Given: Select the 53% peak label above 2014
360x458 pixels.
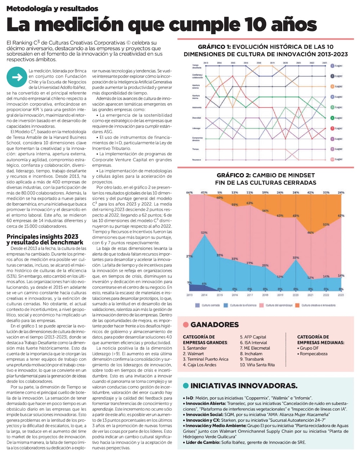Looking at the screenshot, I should (204, 232).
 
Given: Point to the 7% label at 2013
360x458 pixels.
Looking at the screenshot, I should (189, 283).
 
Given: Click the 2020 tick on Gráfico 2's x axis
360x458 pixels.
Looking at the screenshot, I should (296, 295).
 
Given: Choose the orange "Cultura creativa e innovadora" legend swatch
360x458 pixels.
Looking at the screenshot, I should (297, 305).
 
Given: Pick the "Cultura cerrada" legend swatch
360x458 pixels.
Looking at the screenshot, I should (197, 305).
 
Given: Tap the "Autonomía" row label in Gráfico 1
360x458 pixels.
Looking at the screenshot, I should (197, 107).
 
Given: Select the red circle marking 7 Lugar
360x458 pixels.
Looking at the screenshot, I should (333, 128).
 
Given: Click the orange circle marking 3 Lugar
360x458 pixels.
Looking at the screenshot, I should (333, 86).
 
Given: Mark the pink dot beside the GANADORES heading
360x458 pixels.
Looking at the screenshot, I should (186, 325).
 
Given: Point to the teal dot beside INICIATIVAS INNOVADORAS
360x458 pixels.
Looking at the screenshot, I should (186, 386).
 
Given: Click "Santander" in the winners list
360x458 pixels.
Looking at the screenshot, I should (197, 348).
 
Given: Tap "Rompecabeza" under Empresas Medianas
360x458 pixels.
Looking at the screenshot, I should (314, 353).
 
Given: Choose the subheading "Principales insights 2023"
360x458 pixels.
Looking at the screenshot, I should (42, 237).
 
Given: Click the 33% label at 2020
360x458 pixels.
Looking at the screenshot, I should (296, 258).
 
